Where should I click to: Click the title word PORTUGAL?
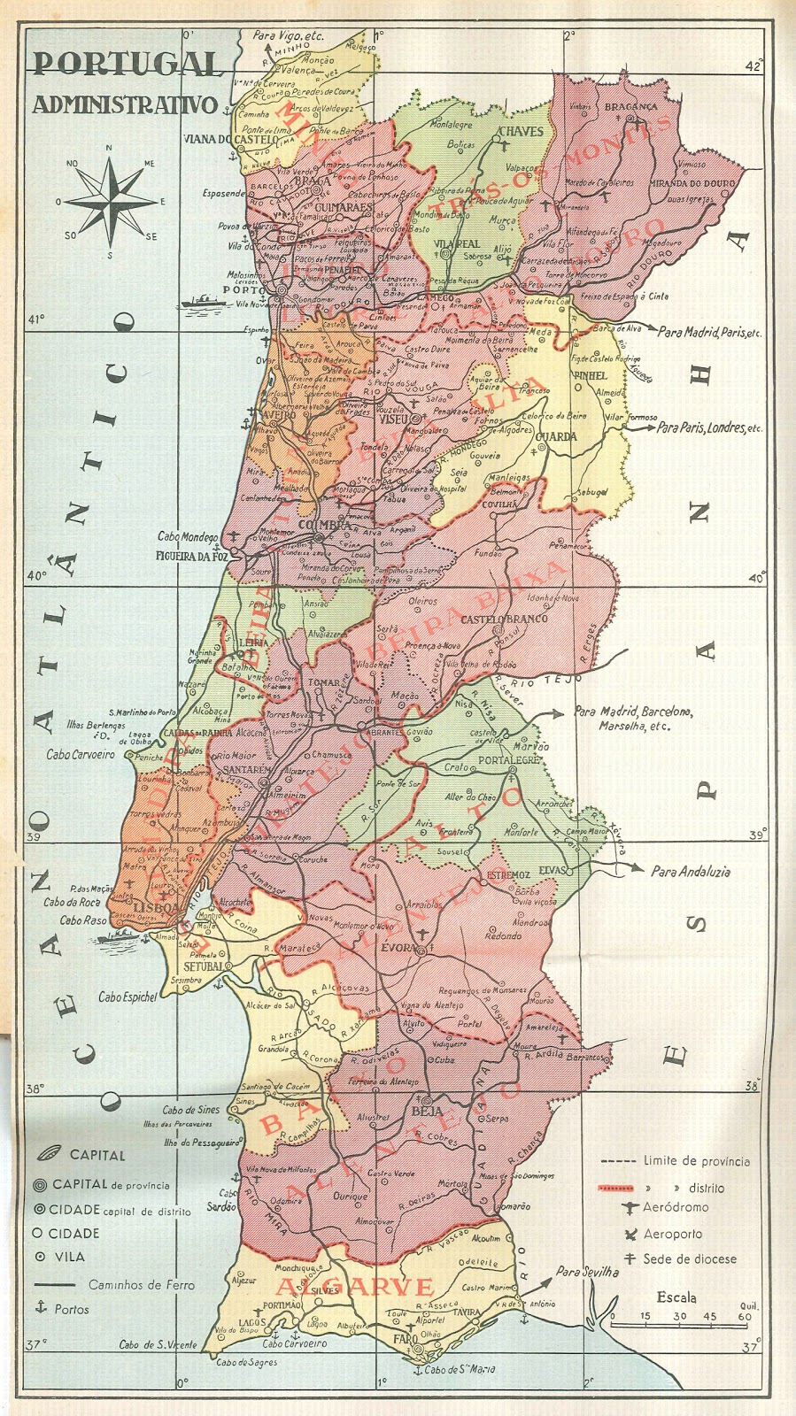(x=127, y=64)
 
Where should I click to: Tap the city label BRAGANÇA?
(x=630, y=107)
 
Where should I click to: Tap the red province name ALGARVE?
(x=356, y=1287)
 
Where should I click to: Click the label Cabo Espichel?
(x=128, y=997)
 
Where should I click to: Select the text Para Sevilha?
(x=587, y=1272)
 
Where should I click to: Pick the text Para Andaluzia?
(x=691, y=871)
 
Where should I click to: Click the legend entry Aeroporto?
(x=673, y=1234)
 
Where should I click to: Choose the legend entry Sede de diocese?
(x=690, y=1258)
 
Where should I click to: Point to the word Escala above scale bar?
(x=676, y=1298)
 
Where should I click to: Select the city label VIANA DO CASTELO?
(x=231, y=139)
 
